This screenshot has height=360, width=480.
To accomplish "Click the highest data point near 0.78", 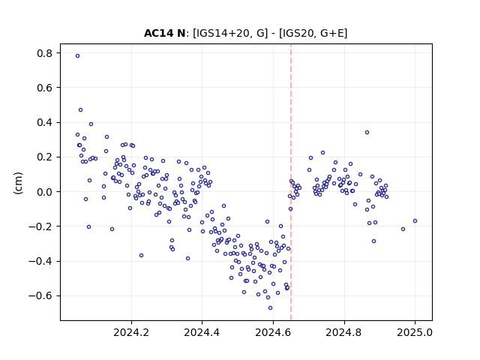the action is coord(78,56).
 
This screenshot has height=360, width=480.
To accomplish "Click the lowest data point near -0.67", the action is coord(270,308).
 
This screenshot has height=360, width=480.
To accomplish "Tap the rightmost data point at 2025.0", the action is coord(415,221).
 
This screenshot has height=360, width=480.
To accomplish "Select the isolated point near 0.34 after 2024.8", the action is coord(367,133).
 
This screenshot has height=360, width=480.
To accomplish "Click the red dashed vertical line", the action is coord(291,182).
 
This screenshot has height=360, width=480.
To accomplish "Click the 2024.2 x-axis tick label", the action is coord(131,332).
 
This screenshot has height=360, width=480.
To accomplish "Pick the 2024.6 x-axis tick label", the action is coord(273,332).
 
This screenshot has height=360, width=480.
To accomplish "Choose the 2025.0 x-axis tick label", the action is coord(415,332).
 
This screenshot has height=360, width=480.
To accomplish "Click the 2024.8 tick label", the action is coord(344,332).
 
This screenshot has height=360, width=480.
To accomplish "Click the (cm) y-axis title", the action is coord(18,183).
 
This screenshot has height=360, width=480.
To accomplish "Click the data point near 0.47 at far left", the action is coord(80,110).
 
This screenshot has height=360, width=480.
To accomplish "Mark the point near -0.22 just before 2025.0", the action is coord(403,229).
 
